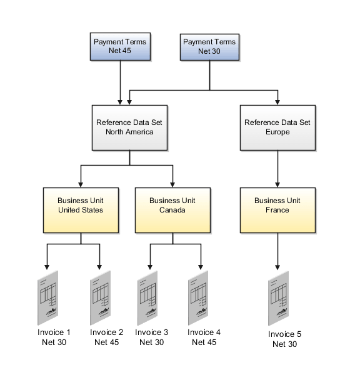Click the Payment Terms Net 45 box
[119, 47]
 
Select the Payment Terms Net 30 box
[209, 47]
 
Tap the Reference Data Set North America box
[129, 127]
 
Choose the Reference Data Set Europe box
[277, 127]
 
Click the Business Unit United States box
[81, 205]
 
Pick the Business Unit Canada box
[172, 205]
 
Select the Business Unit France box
[277, 205]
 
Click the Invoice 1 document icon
[47, 297]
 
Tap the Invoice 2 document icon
[100, 297]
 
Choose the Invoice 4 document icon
[199, 297]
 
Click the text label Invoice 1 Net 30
[54, 337]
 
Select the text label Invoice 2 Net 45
[106, 337]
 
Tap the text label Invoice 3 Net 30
[152, 337]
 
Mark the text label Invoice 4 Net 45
[204, 337]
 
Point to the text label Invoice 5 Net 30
[285, 339]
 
